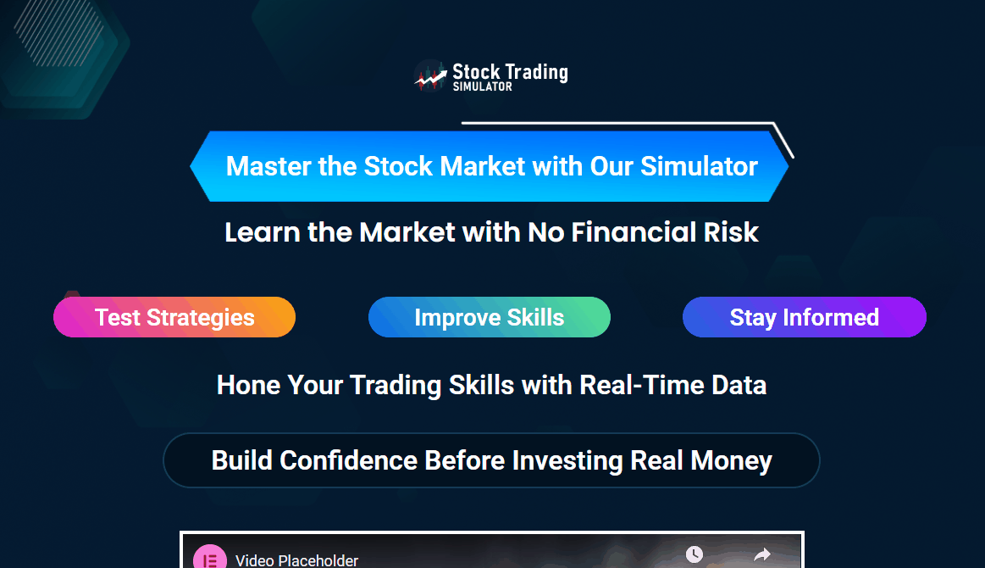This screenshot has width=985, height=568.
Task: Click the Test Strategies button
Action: coord(174,317)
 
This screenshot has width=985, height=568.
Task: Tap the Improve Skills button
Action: coord(490,317)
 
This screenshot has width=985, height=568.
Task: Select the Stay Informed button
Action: coord(804,317)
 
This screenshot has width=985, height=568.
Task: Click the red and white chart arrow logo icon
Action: coord(430,76)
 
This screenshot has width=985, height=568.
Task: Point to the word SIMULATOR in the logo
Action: coord(483,86)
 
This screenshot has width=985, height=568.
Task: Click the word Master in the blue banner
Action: coord(268,167)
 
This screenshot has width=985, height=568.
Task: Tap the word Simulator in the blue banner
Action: coord(700,167)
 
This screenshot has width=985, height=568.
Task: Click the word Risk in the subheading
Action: coord(731,232)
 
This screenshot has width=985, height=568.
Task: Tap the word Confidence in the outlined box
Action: coord(349,460)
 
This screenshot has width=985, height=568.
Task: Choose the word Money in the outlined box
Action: coord(731,461)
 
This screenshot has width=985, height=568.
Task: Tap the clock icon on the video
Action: coord(694,554)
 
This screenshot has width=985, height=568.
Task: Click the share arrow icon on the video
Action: coord(762,554)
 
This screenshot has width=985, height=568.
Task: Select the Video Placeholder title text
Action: coord(296,560)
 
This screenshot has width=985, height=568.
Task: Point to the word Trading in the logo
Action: coord(538,72)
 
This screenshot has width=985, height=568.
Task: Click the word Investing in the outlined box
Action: coord(567,461)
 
